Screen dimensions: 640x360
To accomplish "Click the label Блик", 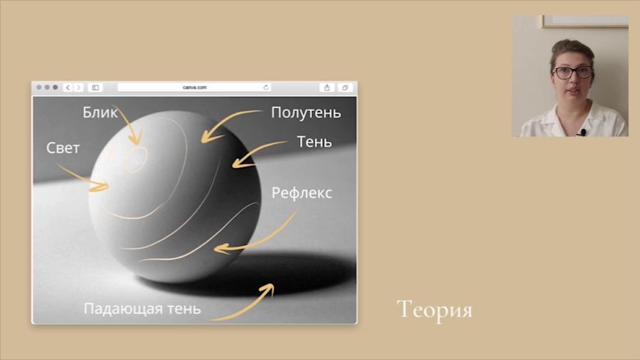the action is tap(100, 112).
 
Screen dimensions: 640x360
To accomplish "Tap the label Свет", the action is tap(63, 148).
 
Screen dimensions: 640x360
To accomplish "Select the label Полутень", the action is tap(305, 112).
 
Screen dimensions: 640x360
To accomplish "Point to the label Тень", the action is tap(314, 142).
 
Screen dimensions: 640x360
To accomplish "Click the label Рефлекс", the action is tap(302, 193).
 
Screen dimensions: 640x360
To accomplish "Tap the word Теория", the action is tap(434, 310).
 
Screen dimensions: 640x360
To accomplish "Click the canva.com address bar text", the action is tap(194, 87).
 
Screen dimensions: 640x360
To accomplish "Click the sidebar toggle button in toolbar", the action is tap(95, 87).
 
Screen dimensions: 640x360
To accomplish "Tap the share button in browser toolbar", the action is tap(327, 87).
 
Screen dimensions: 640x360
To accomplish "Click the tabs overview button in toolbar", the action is tap(345, 87).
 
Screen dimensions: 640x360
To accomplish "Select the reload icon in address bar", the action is tap(266, 87).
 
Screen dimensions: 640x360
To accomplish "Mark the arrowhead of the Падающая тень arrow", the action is tap(269, 288).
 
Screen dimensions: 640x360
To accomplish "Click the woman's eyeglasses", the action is tap(572, 73).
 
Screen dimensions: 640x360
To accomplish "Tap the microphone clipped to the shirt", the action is tap(583, 132).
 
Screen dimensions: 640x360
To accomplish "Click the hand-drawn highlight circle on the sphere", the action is tap(135, 160).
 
